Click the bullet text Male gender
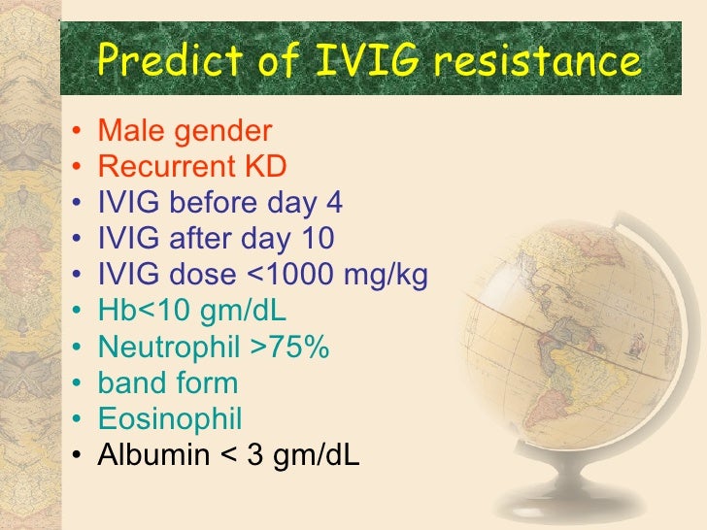185,131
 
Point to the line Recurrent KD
192,167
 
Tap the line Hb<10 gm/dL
192,311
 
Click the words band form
167,382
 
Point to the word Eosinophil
170,418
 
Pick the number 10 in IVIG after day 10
316,239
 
